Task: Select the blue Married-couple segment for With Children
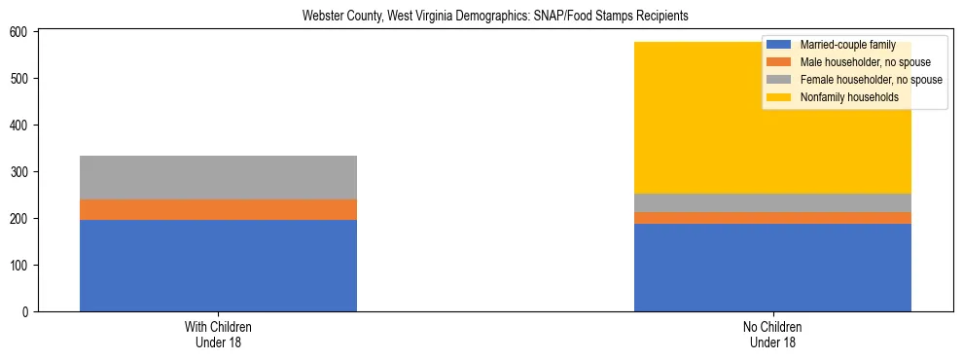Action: [x=218, y=266]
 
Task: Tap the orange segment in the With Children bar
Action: [x=218, y=209]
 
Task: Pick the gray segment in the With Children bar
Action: [x=218, y=177]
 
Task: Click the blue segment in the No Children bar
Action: [x=772, y=268]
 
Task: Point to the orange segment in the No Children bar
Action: [x=772, y=218]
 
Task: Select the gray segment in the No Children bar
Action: [x=772, y=202]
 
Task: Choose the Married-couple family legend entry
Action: [x=842, y=45]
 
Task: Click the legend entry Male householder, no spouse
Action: [x=851, y=62]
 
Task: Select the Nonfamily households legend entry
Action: [x=842, y=97]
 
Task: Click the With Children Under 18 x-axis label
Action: [x=218, y=334]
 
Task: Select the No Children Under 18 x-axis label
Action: [x=772, y=334]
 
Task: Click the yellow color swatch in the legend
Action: [x=779, y=97]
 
